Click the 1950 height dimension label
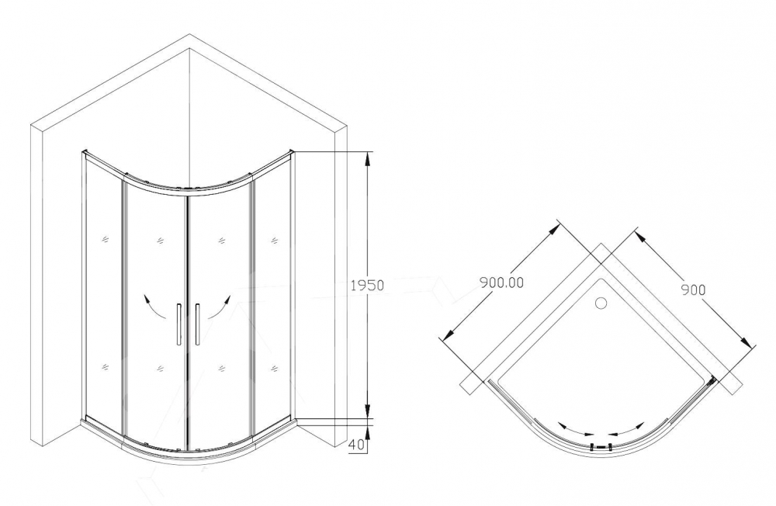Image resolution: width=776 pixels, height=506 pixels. coord(367,285)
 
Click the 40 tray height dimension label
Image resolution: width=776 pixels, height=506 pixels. coord(359,445)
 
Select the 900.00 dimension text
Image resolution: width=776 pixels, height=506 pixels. coord(501,282)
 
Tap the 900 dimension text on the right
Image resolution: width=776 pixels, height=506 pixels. coord(693,289)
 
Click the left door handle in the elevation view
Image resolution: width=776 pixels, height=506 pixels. coord(178,324)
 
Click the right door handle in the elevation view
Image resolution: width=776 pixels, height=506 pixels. coord(197,324)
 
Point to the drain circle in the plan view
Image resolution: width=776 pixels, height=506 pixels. coord(601,303)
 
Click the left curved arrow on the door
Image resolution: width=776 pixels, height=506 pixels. coord(154,307)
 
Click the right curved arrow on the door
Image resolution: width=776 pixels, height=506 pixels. coord(220,307)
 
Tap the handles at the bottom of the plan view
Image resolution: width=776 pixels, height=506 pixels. coord(601,446)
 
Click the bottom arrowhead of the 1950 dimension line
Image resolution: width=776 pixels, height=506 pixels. coord(368,410)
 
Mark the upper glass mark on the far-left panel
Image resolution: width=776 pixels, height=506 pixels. coord(105,240)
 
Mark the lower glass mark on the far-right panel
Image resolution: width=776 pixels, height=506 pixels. coord(274,368)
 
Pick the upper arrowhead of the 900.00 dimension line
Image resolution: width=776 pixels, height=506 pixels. coord(556,230)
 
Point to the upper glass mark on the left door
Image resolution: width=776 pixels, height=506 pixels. coord(160,241)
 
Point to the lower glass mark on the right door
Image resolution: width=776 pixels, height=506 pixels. coord(221,368)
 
